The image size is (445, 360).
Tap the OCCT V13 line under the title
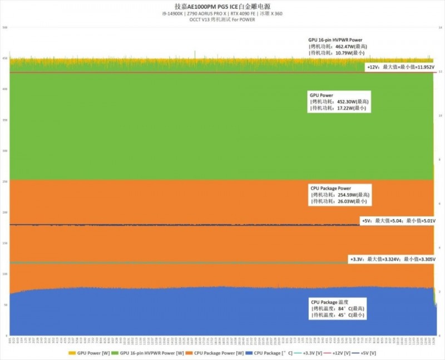pyautogui.click(x=222, y=21)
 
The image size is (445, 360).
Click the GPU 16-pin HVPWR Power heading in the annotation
pyautogui.click(x=335, y=40)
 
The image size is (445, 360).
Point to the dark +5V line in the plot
pyautogui.click(x=167, y=225)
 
